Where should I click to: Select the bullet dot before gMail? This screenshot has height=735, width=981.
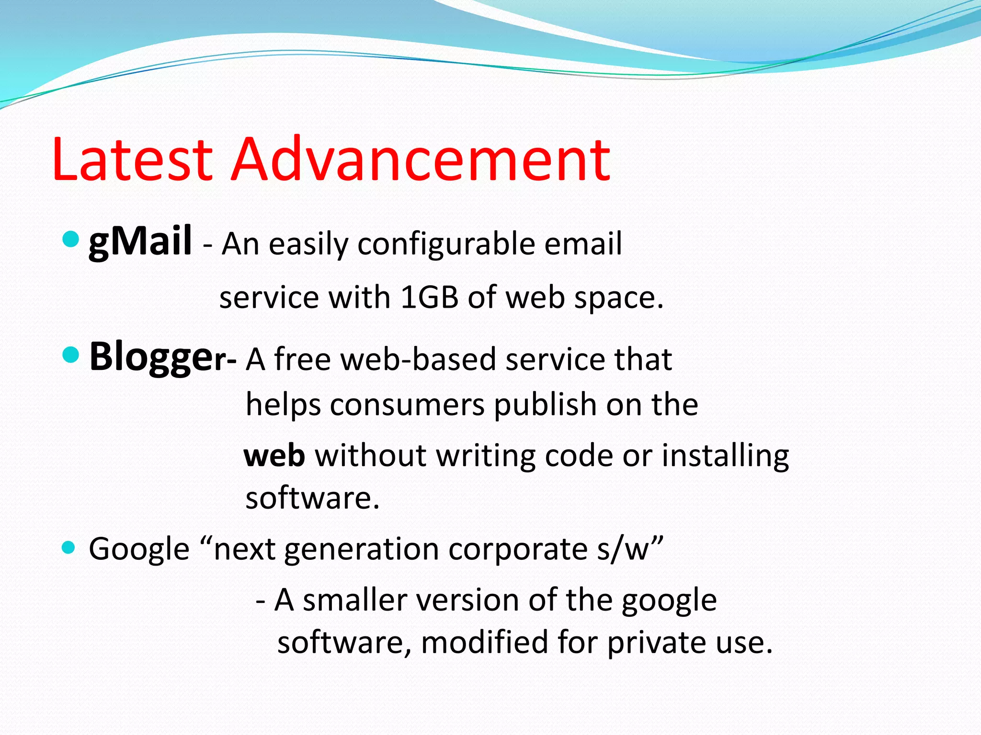[x=71, y=238]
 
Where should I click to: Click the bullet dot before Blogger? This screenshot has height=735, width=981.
[x=71, y=355]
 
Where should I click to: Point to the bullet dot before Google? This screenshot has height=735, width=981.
[x=69, y=547]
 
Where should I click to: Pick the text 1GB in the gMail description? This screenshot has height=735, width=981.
[x=429, y=298]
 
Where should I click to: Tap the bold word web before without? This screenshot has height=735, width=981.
[x=274, y=456]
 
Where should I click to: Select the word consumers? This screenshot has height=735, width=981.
[x=407, y=405]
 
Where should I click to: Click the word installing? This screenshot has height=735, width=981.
[x=725, y=456]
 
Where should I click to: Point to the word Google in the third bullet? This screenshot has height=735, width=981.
[x=139, y=549]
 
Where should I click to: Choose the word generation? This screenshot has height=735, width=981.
[x=361, y=549]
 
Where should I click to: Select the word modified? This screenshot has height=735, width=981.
[x=484, y=642]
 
